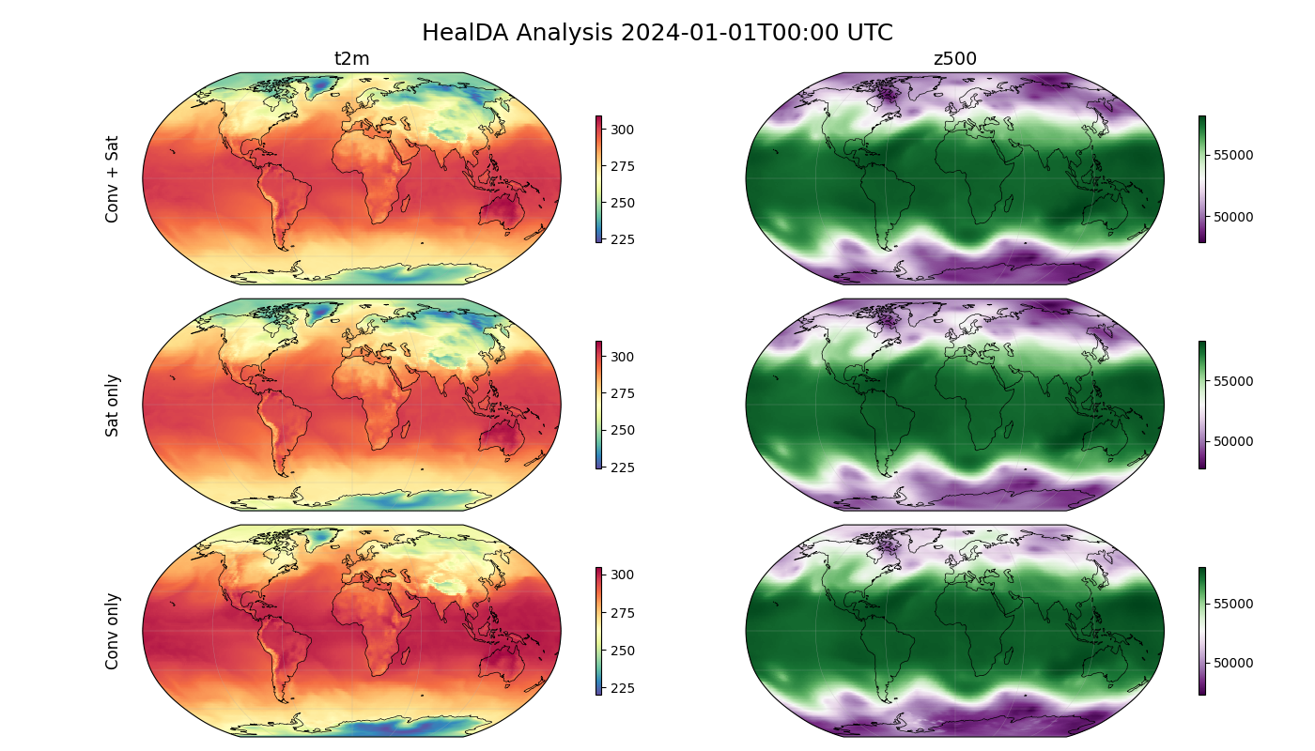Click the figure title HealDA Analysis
point(657,33)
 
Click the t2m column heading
point(351,59)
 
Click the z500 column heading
point(954,59)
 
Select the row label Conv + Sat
point(113,178)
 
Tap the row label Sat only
point(113,406)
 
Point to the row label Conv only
point(113,631)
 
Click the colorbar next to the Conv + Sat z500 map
point(1201,178)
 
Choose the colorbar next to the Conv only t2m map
point(598,631)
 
